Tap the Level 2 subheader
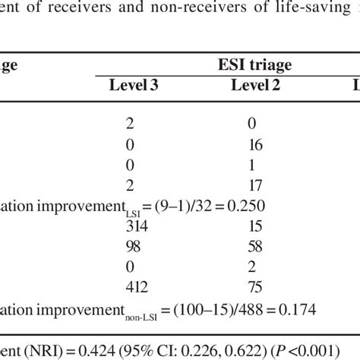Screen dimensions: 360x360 point(254,87)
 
